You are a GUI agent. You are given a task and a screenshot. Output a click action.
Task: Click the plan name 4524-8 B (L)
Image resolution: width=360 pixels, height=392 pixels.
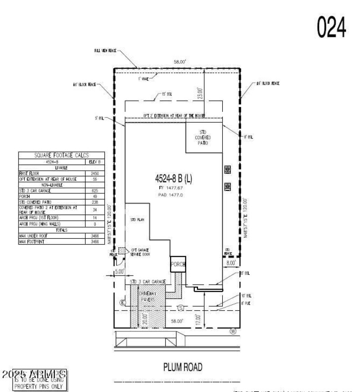[173, 178]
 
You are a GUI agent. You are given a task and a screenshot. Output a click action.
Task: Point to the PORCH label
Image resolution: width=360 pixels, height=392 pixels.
[178, 265]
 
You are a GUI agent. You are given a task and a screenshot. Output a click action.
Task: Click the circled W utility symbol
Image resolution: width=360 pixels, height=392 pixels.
[233, 331]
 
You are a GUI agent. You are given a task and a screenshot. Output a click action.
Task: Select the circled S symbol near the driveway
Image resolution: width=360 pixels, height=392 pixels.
[181, 308]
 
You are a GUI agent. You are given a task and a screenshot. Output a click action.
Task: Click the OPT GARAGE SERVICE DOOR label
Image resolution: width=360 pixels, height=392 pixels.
[140, 252]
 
